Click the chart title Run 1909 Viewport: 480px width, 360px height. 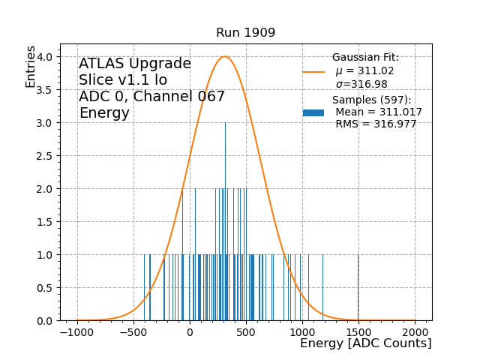point(245,33)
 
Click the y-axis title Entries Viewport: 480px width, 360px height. point(31,66)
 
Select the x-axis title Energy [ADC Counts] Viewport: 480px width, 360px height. point(365,343)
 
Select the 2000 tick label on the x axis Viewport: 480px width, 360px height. point(415,332)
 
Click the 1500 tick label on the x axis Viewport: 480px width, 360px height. point(358,332)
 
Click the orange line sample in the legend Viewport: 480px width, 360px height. point(313,72)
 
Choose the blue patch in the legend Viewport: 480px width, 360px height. point(313,112)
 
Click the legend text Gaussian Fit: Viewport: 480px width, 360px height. point(365,58)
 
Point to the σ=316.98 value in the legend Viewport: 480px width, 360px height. point(361,84)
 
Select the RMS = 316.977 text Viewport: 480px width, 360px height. point(376,124)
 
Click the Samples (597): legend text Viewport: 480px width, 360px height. point(371,100)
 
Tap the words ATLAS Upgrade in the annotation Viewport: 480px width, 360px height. point(135,64)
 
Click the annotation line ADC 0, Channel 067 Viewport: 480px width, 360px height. point(151,97)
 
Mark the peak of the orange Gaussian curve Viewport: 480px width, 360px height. point(224,57)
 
